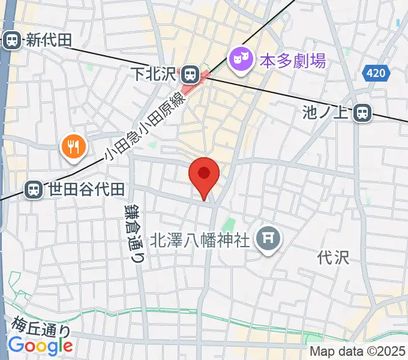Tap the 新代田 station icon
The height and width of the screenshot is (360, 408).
click(x=11, y=40)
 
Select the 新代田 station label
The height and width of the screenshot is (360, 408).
click(x=47, y=40)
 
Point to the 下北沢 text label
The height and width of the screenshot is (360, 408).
click(x=154, y=74)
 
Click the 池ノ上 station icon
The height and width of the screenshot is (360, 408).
click(x=362, y=112)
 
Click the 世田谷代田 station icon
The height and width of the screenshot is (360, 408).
click(x=33, y=190)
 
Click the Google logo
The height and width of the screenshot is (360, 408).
click(x=40, y=346)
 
